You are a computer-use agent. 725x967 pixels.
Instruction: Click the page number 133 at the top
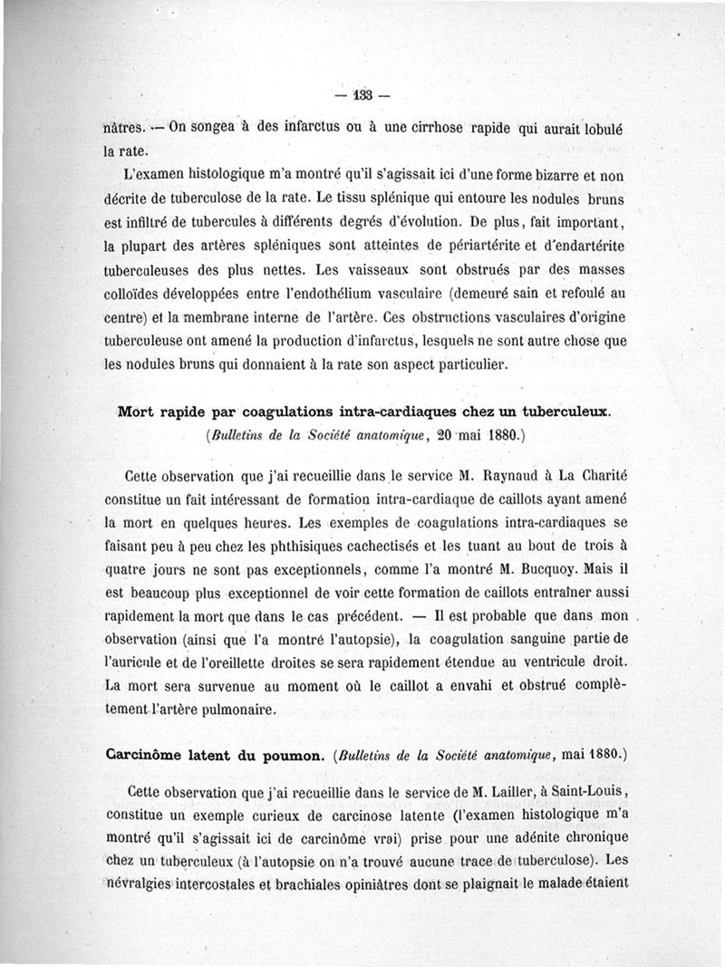tap(364, 96)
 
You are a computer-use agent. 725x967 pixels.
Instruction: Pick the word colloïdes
tap(133, 295)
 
